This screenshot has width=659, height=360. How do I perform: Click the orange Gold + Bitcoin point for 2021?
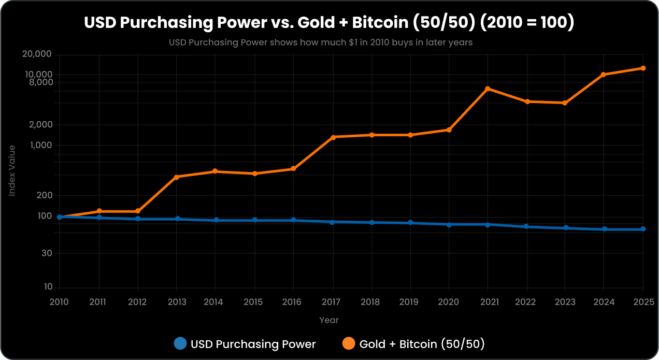coord(488,89)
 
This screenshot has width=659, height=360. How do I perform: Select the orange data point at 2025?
coord(643,68)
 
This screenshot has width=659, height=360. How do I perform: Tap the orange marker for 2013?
coord(177,177)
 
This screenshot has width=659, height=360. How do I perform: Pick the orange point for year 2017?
coord(332,137)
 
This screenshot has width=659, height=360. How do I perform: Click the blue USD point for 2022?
coord(526,227)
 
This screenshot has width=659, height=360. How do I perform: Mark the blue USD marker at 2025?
coord(643,229)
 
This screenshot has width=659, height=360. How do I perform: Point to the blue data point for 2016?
coord(293,220)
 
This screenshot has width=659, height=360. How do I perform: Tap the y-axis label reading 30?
coord(47,253)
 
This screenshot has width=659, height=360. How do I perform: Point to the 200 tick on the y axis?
coord(45,195)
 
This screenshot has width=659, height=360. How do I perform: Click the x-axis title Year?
coord(329,320)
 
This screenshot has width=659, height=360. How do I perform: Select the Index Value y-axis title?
coord(12,170)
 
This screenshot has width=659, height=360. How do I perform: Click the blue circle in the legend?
coord(180,343)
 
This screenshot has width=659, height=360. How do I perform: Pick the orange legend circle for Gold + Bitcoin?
coord(349,343)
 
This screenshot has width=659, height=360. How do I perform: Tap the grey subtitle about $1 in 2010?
coord(321,42)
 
